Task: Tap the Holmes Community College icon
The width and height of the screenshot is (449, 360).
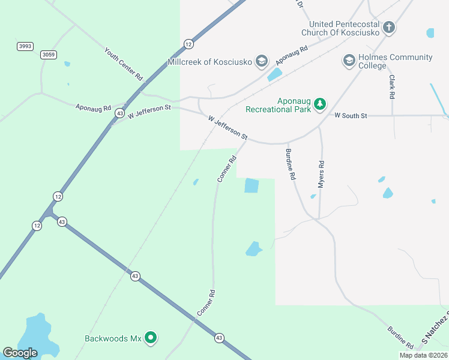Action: click(x=349, y=61)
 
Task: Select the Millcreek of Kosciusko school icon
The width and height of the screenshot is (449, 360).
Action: click(x=261, y=61)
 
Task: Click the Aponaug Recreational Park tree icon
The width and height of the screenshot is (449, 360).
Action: click(x=321, y=105)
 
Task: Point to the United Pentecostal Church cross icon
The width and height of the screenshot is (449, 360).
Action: click(x=389, y=27)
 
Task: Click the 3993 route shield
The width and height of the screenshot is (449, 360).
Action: click(x=25, y=46)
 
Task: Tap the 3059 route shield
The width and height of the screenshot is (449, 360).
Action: click(x=49, y=55)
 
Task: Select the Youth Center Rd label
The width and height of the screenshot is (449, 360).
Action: click(x=124, y=64)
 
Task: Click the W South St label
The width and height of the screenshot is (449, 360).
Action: click(x=351, y=115)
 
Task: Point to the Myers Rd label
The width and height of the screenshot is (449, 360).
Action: click(x=321, y=175)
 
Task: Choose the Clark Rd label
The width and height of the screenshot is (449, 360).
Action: click(x=391, y=87)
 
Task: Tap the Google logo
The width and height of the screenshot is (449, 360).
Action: click(x=20, y=353)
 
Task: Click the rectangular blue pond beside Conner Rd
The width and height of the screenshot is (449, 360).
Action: click(x=252, y=186)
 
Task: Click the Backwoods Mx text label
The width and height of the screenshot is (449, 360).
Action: click(x=113, y=339)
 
